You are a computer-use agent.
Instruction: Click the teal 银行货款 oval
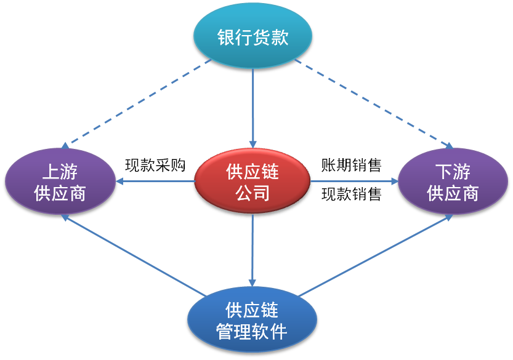coord(252,35)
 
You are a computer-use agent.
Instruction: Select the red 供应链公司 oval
coord(252,181)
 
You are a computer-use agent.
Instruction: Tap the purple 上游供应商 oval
coord(60,181)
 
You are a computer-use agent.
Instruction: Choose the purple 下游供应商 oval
coord(453,181)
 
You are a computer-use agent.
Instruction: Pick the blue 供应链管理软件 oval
coord(252,319)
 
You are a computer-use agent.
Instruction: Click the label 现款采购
coord(155,165)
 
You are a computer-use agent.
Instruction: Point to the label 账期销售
coord(352,165)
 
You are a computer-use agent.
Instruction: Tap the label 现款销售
coord(352,194)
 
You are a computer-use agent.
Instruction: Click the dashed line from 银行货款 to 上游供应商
coord(137,102)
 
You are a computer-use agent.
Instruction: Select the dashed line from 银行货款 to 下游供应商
coord(374,103)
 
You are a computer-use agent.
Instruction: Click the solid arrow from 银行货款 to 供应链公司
coord(252,108)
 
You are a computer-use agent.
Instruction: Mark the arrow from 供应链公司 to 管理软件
coord(252,250)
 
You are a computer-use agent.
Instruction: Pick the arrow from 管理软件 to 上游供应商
coord(134,255)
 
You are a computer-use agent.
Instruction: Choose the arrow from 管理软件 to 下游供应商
coord(376,255)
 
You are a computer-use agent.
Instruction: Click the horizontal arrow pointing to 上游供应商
coord(155,181)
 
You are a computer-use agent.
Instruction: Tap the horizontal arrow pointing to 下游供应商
coord(354,181)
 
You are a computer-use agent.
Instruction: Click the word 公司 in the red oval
coord(252,193)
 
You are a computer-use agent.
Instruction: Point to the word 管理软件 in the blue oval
coord(252,332)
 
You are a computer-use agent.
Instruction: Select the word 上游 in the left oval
coord(60,171)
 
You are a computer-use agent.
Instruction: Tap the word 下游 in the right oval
coord(453,171)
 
